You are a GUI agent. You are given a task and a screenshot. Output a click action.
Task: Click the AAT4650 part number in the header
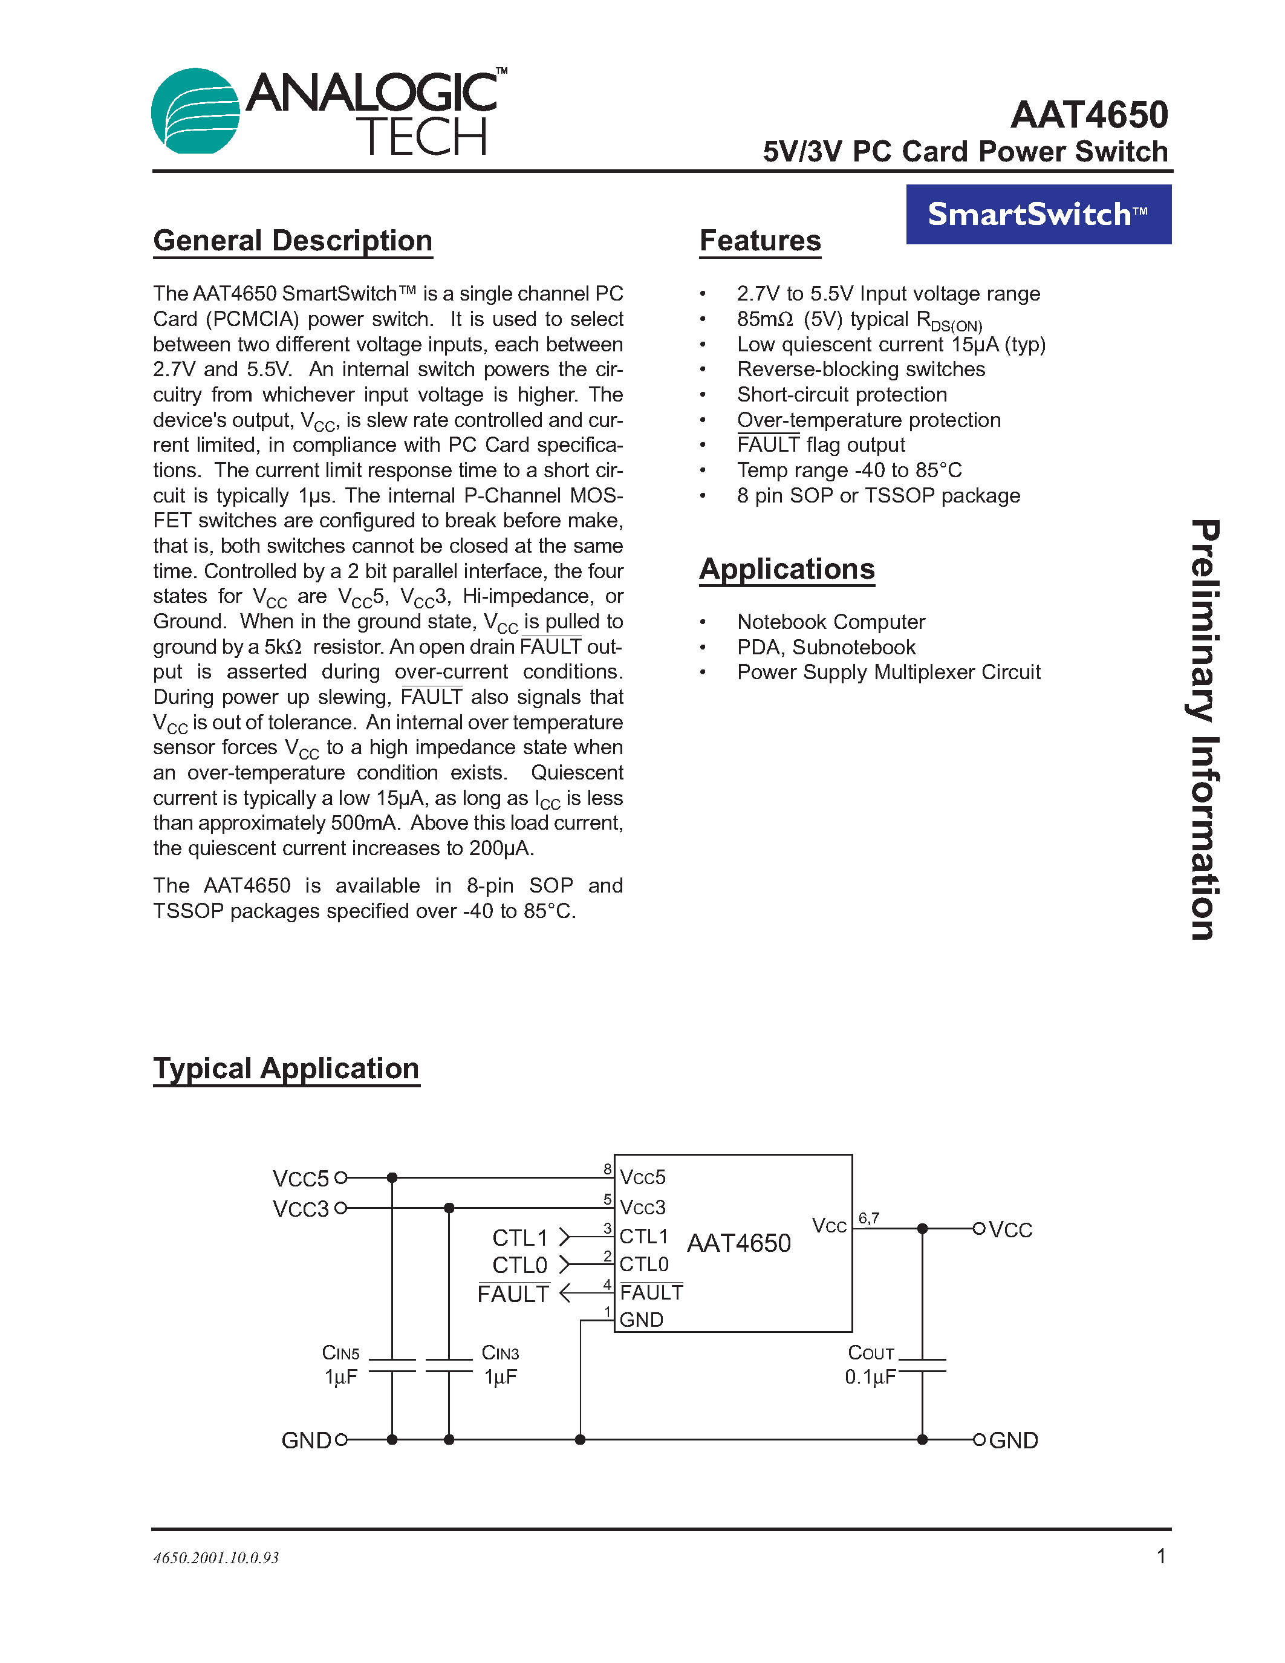[1088, 116]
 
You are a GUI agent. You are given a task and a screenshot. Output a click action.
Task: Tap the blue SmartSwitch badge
[1038, 214]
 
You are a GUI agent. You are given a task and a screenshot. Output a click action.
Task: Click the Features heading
[760, 241]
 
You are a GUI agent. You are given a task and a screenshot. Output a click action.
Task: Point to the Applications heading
[786, 569]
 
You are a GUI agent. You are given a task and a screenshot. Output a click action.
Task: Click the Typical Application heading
[286, 1069]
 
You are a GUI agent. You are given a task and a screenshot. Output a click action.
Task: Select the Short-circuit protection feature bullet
[841, 394]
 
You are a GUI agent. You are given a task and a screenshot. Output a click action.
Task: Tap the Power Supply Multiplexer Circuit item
[888, 672]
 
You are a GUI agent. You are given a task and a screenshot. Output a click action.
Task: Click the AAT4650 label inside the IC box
[738, 1243]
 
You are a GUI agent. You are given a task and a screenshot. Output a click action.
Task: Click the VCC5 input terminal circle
[341, 1177]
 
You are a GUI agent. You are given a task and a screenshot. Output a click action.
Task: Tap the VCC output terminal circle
[979, 1228]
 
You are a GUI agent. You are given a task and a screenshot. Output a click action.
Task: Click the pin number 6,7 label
[868, 1217]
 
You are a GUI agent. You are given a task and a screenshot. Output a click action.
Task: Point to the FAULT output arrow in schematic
[565, 1293]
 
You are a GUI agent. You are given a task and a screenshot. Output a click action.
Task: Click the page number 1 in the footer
[1161, 1557]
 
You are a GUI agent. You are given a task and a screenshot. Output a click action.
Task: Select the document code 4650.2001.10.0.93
[216, 1558]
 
